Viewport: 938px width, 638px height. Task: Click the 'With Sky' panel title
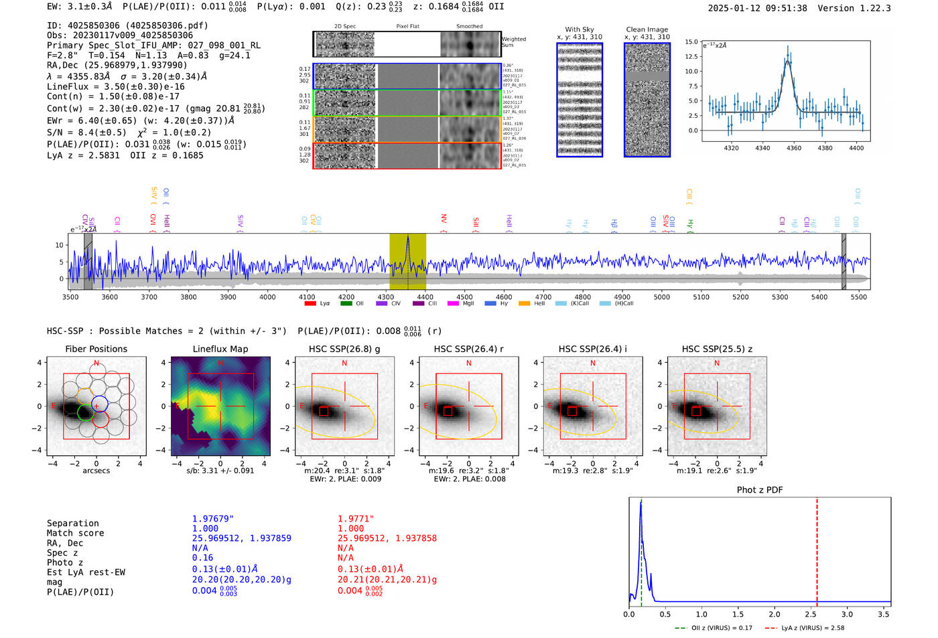(x=580, y=29)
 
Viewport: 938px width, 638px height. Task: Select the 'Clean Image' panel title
(x=647, y=29)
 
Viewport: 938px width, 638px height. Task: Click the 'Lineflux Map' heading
(x=220, y=349)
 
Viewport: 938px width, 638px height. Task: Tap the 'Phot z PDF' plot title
(x=760, y=490)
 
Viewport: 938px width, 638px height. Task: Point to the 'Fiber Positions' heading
(x=96, y=349)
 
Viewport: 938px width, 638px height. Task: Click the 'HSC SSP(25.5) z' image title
(x=717, y=349)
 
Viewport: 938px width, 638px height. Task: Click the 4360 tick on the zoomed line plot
(x=794, y=148)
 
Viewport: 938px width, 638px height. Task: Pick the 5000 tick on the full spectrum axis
(x=662, y=297)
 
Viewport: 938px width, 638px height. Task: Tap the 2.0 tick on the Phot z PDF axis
(x=775, y=614)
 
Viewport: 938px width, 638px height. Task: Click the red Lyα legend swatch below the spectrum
(x=310, y=304)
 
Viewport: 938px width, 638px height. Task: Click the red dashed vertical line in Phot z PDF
(x=817, y=549)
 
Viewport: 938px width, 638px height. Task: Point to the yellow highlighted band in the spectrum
(x=407, y=261)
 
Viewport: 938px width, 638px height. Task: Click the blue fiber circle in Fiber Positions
(x=99, y=404)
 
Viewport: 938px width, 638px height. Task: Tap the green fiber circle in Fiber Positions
(x=85, y=412)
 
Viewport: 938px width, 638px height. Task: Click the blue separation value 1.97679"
(x=213, y=519)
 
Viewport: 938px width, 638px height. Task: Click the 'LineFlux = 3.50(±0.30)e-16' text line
(x=116, y=86)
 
